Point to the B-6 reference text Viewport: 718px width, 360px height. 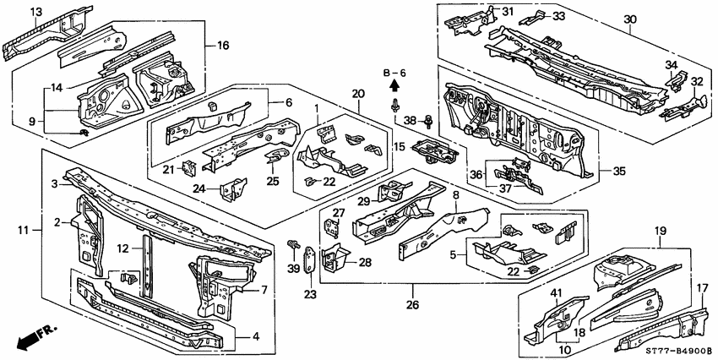[394, 74]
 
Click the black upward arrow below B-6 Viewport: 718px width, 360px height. [394, 87]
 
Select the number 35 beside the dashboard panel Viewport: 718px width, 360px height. [620, 170]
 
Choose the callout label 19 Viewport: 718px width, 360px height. [661, 230]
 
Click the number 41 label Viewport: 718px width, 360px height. [557, 293]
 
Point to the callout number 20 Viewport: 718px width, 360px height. [357, 93]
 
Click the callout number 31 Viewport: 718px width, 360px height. [507, 11]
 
